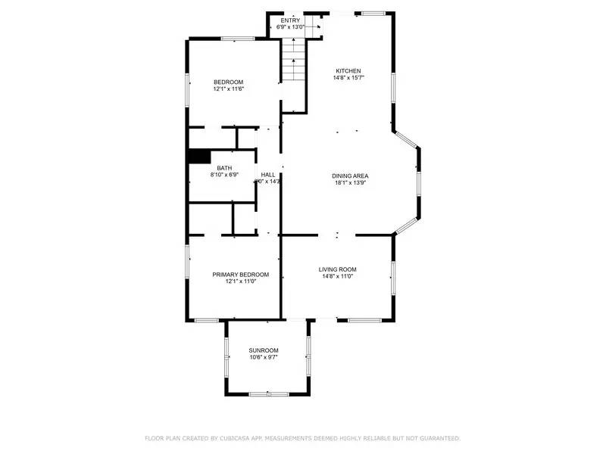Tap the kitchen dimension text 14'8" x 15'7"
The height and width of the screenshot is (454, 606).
pos(348,78)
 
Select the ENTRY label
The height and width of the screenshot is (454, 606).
pos(291,20)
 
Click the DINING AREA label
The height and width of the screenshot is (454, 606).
pos(350,176)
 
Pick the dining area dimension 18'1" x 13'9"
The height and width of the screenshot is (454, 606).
pos(350,183)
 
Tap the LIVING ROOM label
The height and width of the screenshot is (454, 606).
pos(337,269)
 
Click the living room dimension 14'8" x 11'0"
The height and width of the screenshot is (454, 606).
pos(337,277)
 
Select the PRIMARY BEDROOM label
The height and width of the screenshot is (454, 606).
pos(240,274)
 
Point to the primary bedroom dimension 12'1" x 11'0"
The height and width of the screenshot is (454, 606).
pos(240,281)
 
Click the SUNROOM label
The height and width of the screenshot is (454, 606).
pos(264,350)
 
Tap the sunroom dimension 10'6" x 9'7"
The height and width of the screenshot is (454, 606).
pos(264,357)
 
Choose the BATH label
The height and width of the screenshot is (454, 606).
pos(224,168)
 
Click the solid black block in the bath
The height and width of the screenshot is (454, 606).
pos(199,156)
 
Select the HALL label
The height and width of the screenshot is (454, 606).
pos(268,174)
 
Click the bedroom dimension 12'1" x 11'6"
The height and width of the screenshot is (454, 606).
pos(228,89)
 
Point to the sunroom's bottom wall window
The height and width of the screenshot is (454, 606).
pos(269,393)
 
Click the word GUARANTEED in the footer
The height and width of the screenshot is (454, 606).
pos(438,438)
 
